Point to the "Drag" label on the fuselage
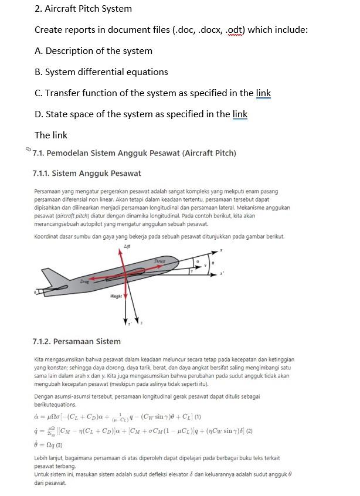tap(85, 282)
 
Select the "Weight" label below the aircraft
tap(116, 297)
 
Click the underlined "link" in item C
tap(263, 93)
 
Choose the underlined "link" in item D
tap(240, 114)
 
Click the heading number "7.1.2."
tap(43, 341)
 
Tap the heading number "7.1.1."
tap(43, 173)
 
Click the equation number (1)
tap(198, 417)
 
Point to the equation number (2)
tap(249, 431)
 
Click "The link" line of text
tap(51, 135)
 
